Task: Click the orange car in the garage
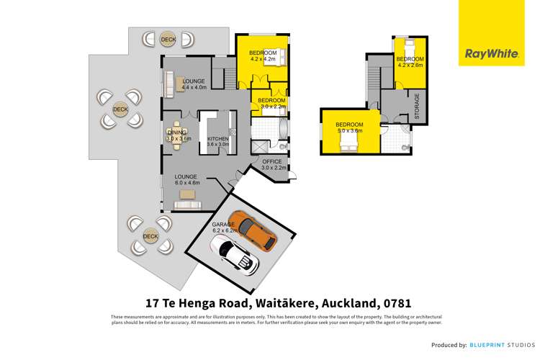253,230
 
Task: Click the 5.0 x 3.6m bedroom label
350,127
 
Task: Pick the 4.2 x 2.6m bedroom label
410,62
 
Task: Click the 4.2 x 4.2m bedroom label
263,56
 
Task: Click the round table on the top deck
168,40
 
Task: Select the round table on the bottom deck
150,235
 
